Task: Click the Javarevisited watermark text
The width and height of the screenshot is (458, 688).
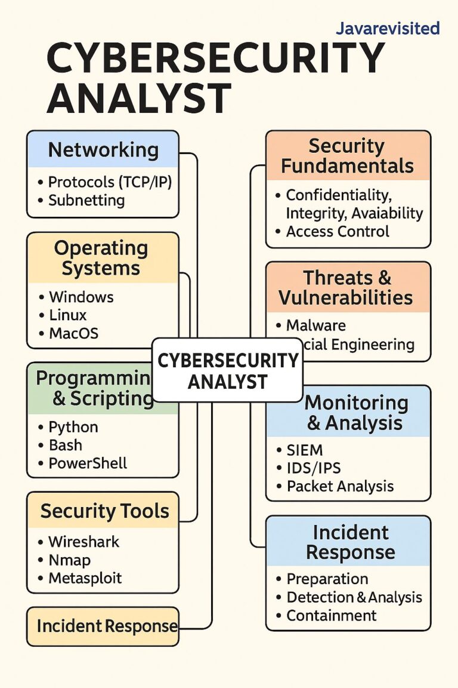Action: click(x=388, y=28)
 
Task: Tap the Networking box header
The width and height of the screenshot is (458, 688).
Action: click(x=103, y=149)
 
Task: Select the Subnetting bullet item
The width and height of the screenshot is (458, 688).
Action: click(x=86, y=200)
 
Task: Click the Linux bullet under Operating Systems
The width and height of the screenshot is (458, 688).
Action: click(x=68, y=315)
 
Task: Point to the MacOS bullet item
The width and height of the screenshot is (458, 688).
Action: click(x=73, y=333)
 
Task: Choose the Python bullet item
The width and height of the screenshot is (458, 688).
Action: click(x=73, y=427)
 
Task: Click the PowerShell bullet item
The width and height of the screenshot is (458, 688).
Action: click(x=88, y=463)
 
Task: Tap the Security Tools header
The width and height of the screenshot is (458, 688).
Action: click(x=104, y=511)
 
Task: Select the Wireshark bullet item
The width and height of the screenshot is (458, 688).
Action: click(x=83, y=542)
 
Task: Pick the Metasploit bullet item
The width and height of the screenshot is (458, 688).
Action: click(x=85, y=578)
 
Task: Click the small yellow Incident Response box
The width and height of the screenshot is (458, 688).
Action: click(x=103, y=626)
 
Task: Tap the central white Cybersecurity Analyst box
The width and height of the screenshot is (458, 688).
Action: click(x=227, y=370)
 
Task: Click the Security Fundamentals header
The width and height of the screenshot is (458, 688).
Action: click(x=348, y=155)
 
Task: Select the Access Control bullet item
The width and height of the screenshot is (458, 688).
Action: click(x=338, y=231)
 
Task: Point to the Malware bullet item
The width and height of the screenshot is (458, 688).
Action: click(x=316, y=325)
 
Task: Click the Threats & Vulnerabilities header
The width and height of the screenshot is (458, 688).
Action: click(x=348, y=287)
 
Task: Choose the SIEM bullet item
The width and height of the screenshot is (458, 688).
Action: click(x=305, y=450)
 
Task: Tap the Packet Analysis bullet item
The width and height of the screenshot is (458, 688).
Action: click(x=340, y=486)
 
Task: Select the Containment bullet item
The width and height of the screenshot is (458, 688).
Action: click(x=332, y=615)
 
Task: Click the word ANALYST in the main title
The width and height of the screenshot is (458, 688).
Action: click(x=138, y=98)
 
